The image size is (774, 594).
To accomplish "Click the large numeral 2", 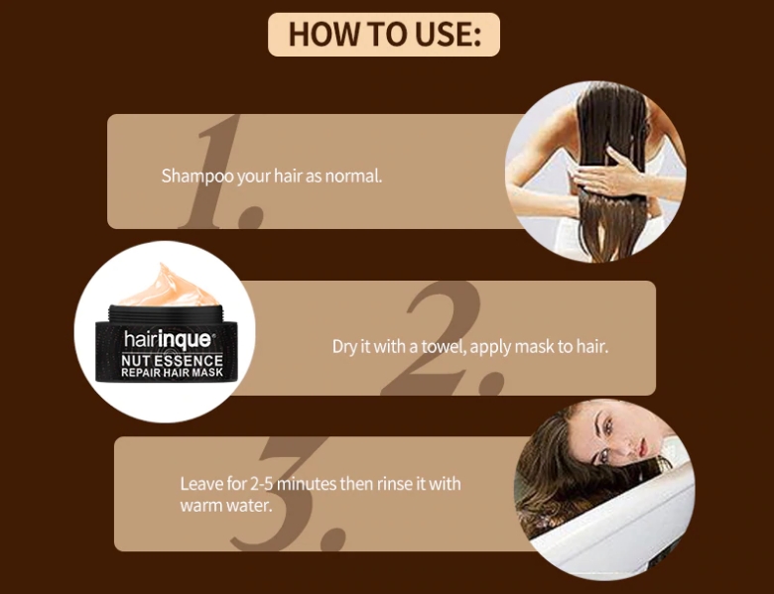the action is coord(445,338).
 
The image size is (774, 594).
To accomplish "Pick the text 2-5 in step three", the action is coord(262,484).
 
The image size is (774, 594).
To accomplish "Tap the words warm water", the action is coord(226,505).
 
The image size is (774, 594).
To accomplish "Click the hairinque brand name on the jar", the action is coord(168,339).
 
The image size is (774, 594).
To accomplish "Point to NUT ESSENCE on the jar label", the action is coord(173,360).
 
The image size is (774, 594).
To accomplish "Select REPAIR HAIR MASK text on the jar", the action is coord(173,373).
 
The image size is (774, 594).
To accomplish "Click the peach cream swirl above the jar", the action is coord(168,289).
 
